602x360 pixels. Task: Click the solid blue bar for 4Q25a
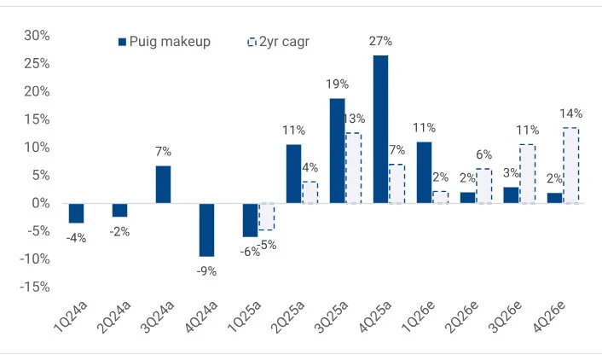click(380, 129)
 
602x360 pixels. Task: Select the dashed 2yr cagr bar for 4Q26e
click(570, 165)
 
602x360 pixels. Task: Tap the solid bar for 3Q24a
click(163, 184)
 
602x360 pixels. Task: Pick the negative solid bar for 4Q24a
click(206, 229)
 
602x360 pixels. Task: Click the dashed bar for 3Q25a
click(353, 168)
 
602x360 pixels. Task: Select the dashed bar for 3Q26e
click(527, 174)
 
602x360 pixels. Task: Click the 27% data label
click(381, 40)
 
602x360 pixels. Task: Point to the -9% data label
click(206, 271)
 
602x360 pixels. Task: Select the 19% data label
click(338, 84)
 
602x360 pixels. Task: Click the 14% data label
click(570, 113)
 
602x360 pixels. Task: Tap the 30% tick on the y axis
click(37, 35)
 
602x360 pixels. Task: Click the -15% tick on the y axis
click(34, 287)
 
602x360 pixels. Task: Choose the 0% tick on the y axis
click(39, 203)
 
